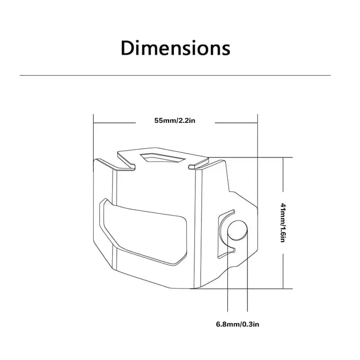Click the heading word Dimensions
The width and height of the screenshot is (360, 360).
[175, 48]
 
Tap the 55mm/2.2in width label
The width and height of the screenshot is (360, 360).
[175, 120]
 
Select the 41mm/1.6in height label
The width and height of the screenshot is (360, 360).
[283, 223]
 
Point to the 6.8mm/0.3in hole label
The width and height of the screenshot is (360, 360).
[238, 325]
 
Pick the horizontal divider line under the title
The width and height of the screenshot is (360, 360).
[175, 75]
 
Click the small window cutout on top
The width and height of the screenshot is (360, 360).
[161, 158]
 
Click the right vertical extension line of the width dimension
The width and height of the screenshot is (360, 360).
[258, 160]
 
